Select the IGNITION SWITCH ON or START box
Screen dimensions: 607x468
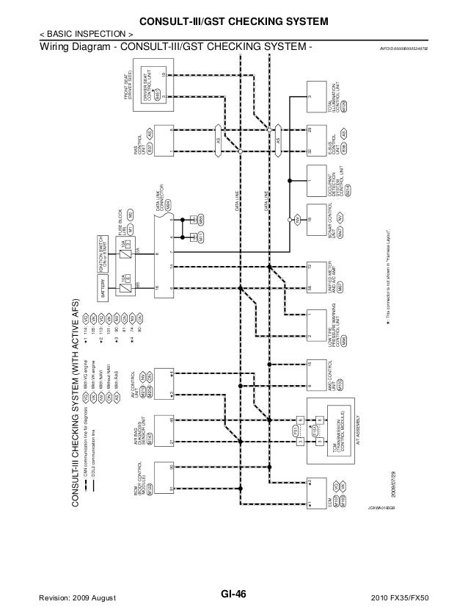(102, 248)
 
